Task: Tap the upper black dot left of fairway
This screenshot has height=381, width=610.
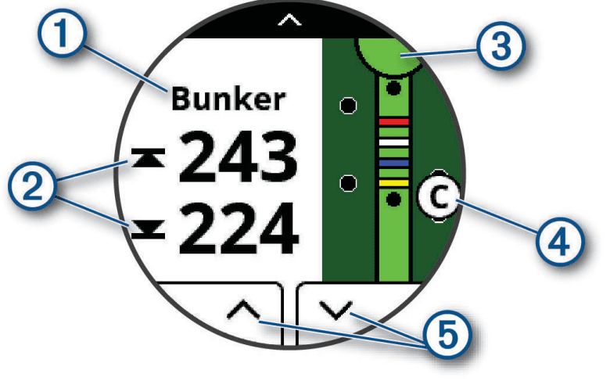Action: pyautogui.click(x=350, y=104)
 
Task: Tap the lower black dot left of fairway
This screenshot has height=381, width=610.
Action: pyautogui.click(x=350, y=182)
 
